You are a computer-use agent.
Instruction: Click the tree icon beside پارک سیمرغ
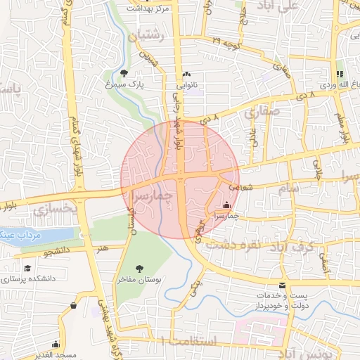[124, 72]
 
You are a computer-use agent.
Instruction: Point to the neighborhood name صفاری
[262, 111]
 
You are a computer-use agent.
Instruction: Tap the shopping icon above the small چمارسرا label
[226, 205]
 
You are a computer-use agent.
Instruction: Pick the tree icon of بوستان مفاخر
[140, 268]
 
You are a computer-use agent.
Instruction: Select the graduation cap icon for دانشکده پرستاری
[27, 268]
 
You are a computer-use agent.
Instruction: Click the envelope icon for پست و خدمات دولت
[282, 285]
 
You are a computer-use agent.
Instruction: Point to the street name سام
[288, 188]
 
